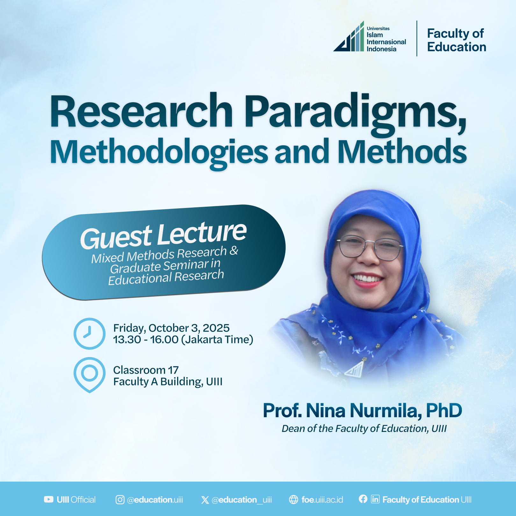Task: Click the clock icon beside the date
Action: [x=90, y=333]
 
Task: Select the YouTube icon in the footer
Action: [x=49, y=499]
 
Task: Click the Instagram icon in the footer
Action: [x=120, y=499]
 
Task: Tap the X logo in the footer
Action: [x=205, y=500]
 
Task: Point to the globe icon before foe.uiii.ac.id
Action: [x=293, y=499]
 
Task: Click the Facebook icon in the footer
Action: [x=363, y=499]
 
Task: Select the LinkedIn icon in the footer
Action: [x=375, y=499]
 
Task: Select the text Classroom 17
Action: [x=146, y=370]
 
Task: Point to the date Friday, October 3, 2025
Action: [x=171, y=328]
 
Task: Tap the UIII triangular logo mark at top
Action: [x=348, y=36]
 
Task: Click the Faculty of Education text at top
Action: [x=456, y=40]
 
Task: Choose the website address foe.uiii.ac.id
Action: [x=322, y=500]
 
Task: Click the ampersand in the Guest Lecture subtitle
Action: [x=234, y=250]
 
